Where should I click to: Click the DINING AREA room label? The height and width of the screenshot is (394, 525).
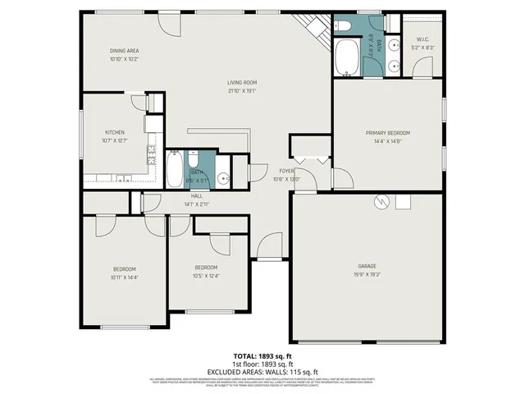pos(124,51)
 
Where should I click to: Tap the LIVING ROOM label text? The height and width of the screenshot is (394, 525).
pos(243,83)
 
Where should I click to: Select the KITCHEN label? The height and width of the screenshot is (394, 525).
pos(113,132)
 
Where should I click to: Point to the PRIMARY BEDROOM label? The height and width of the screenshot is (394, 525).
pos(387,132)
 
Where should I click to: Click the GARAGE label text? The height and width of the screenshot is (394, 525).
pos(367,266)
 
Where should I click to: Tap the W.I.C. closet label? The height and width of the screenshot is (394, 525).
pos(423,39)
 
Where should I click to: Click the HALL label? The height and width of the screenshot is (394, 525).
pos(197,196)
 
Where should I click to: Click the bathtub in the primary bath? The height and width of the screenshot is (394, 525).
pos(348,57)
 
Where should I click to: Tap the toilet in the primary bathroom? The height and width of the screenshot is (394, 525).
pos(344,26)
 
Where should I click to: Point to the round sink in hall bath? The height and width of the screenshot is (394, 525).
pos(222,176)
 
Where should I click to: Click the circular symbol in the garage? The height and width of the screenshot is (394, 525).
pos(380,200)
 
